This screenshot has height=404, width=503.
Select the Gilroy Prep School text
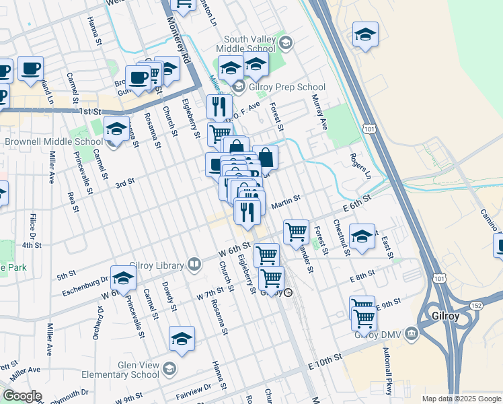coord(286,87)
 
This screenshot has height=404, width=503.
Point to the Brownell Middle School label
coord(54,142)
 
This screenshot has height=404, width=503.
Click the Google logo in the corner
coord(22,396)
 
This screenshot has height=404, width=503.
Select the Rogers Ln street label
coord(360,166)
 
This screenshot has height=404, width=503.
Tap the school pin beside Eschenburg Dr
coord(123,277)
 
